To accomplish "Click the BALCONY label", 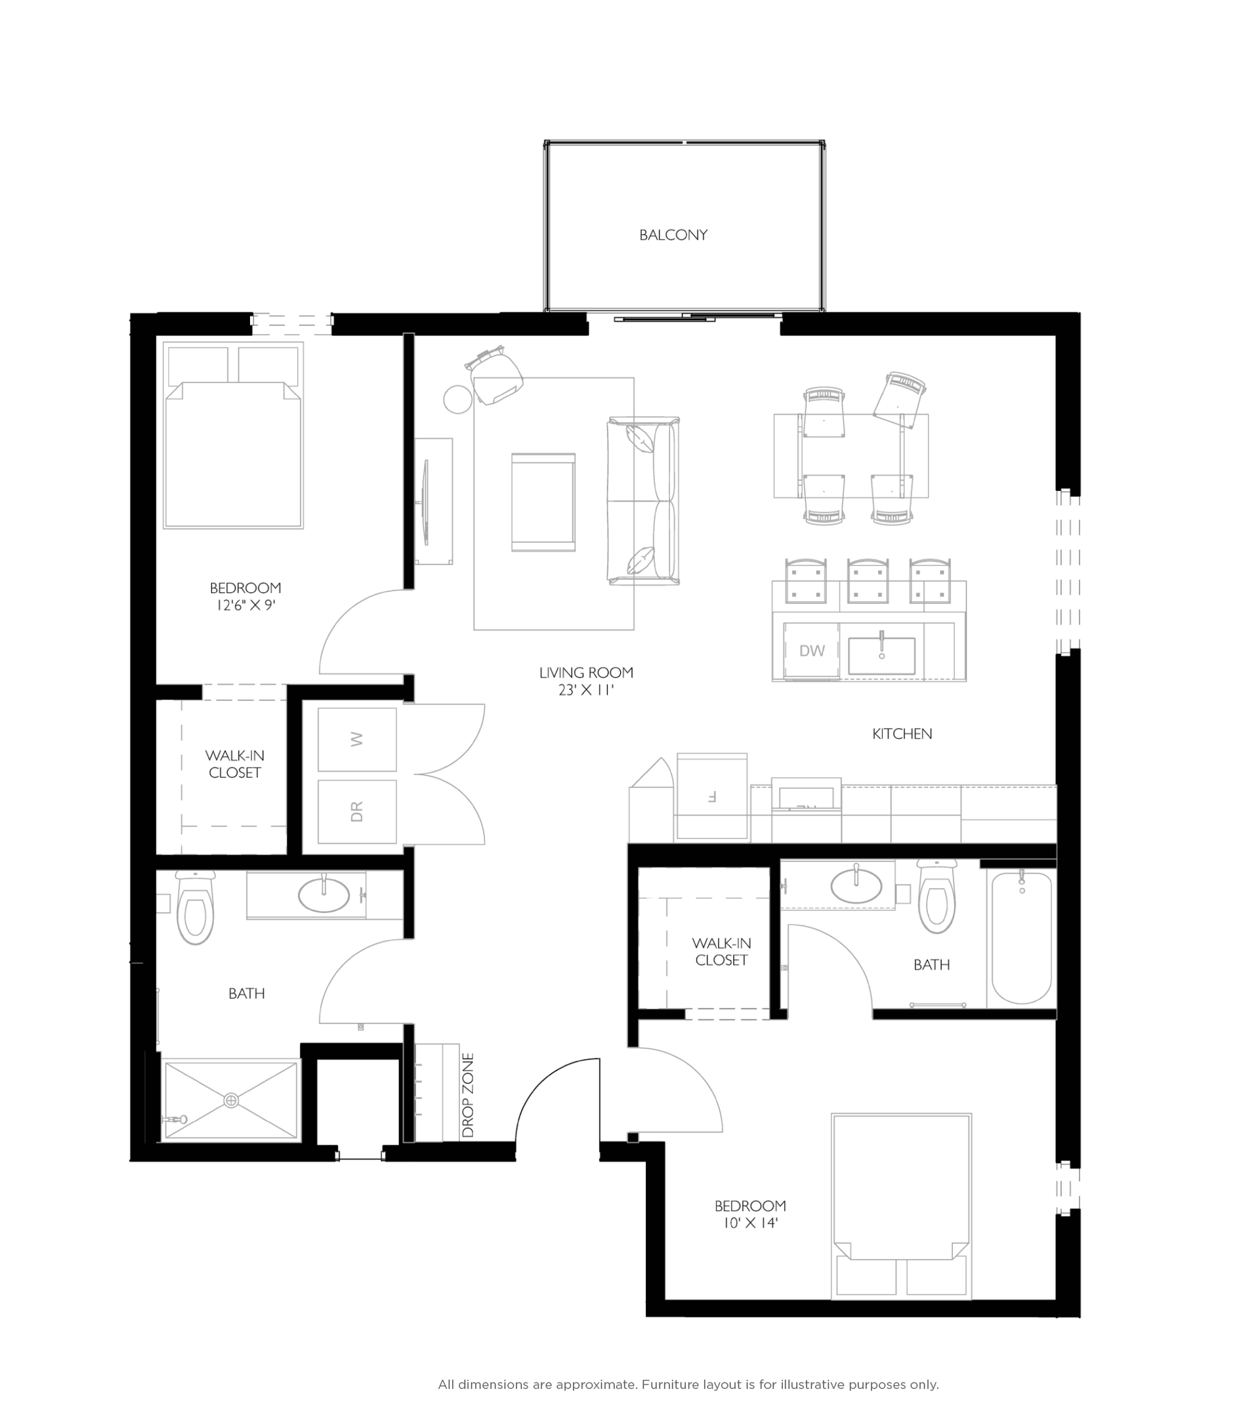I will pyautogui.click(x=673, y=235).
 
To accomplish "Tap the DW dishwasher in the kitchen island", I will pyautogui.click(x=811, y=651).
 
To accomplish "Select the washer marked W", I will pyautogui.click(x=357, y=740).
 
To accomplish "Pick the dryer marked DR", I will pyautogui.click(x=357, y=811).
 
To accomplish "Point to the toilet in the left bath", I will pyautogui.click(x=195, y=910).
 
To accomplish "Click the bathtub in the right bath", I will pyautogui.click(x=1022, y=939).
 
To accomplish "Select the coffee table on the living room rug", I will pyautogui.click(x=543, y=503).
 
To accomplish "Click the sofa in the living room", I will pyautogui.click(x=643, y=502).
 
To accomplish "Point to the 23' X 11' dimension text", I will pyautogui.click(x=587, y=691).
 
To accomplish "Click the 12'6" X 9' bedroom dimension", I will pyautogui.click(x=246, y=605).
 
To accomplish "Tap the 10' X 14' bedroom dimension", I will pyautogui.click(x=751, y=1223).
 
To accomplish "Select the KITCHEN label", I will pyautogui.click(x=902, y=734).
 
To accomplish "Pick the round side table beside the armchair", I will pyautogui.click(x=457, y=399).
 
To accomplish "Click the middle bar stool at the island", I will pyautogui.click(x=868, y=580).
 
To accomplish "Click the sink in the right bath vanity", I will pyautogui.click(x=856, y=886).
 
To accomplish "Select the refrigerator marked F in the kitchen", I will pyautogui.click(x=711, y=796).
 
